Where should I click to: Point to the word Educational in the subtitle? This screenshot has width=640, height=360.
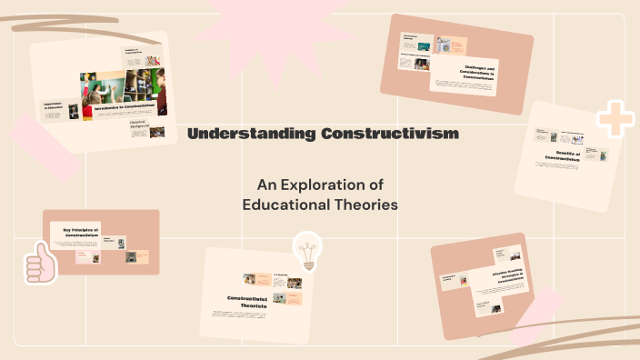[x=284, y=205]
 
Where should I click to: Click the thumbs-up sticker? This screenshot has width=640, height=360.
[x=39, y=264]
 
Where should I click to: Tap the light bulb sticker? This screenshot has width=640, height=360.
[x=308, y=251]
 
